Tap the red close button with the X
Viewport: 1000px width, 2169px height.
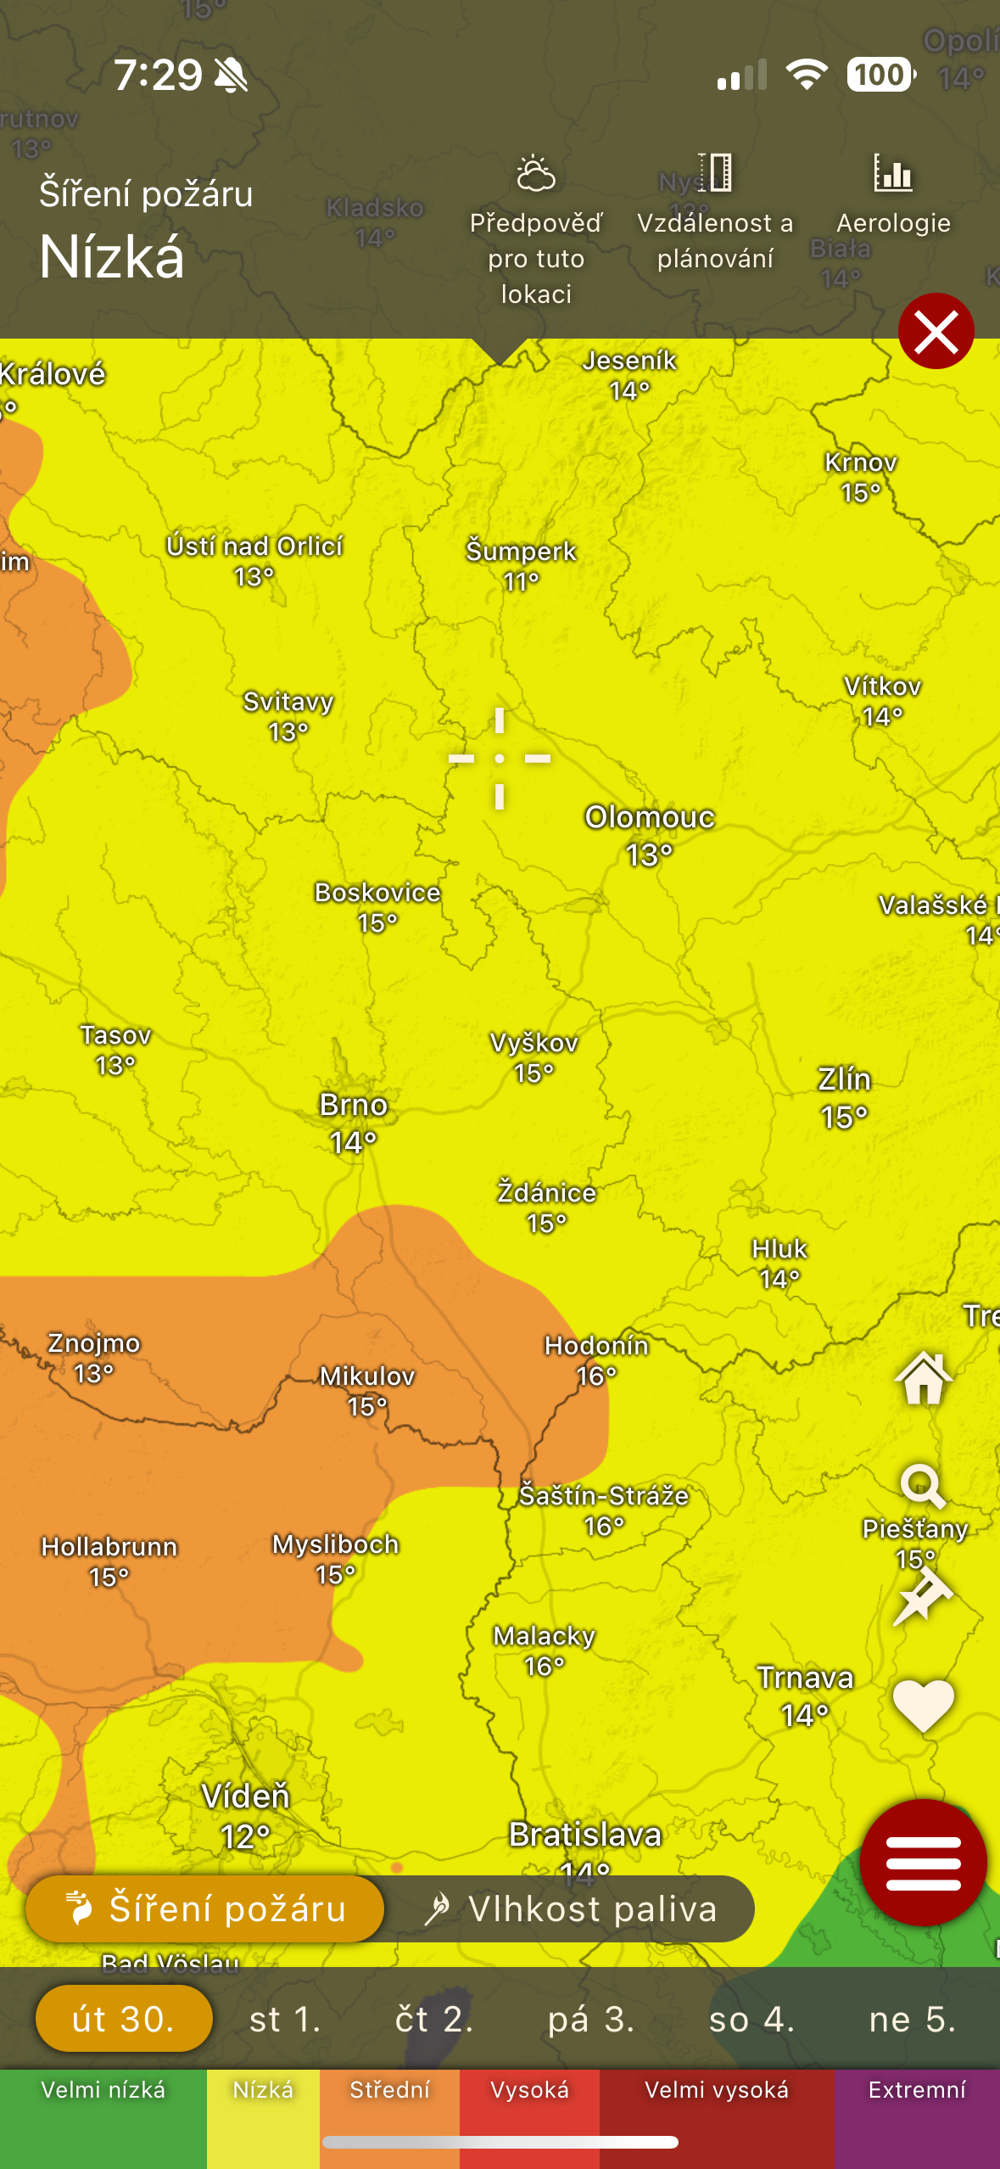tap(936, 331)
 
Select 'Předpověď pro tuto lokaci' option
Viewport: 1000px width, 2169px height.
tap(536, 229)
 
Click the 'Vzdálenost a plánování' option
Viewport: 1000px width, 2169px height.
tap(715, 212)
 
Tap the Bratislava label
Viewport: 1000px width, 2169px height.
tap(584, 1835)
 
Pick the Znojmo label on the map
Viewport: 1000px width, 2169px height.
tap(93, 1344)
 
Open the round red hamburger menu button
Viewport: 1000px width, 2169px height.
tap(923, 1862)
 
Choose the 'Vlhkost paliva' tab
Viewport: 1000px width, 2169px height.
tap(570, 1909)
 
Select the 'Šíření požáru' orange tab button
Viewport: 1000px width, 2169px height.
tap(205, 1909)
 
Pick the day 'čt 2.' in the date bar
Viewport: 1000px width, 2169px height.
tap(433, 2020)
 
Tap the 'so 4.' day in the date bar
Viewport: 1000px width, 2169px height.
tap(751, 2020)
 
